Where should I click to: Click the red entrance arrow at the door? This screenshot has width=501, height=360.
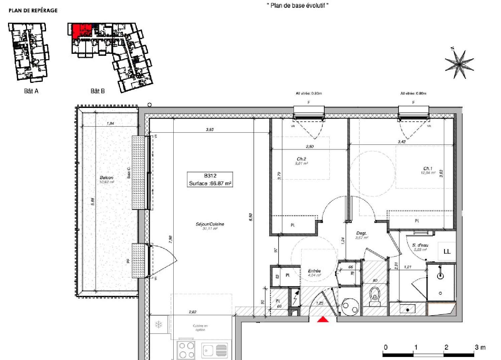(x=323, y=320)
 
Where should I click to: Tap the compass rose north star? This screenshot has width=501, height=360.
(x=459, y=64)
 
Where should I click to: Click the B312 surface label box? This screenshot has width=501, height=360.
(x=210, y=179)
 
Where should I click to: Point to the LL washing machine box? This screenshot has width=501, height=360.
(x=447, y=251)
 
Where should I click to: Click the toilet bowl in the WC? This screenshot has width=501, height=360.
(x=375, y=296)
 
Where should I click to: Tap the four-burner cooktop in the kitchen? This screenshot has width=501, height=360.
(x=186, y=350)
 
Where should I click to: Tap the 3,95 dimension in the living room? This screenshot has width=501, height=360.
(x=209, y=130)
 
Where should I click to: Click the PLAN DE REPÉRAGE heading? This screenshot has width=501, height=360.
(x=33, y=11)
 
